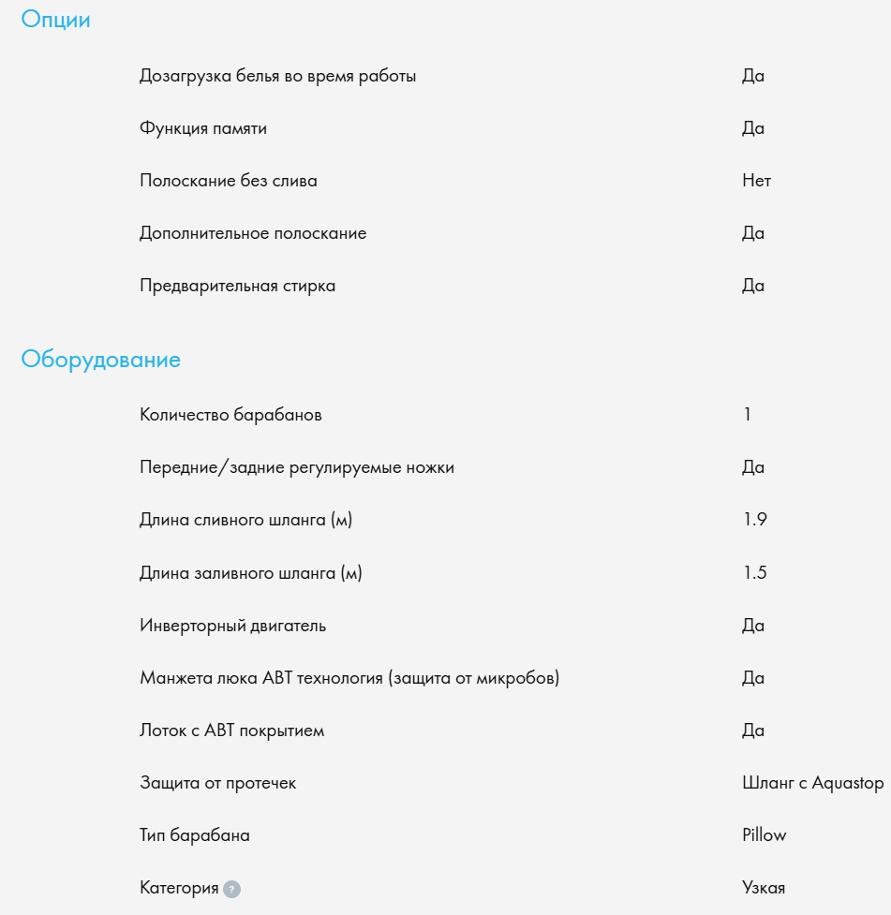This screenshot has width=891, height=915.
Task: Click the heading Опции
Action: tap(55, 20)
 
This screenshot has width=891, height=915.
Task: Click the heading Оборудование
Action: tap(100, 360)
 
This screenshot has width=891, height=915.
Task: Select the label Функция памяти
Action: tap(203, 128)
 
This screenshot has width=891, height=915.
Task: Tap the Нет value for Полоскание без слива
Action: tap(756, 181)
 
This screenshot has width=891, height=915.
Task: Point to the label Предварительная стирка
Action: tap(237, 286)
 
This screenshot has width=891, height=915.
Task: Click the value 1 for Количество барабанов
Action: tap(747, 414)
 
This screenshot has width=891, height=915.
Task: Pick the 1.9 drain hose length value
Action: tap(754, 519)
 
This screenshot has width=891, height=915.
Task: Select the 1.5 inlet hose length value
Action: tap(754, 572)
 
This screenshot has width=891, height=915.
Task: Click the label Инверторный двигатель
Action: tap(232, 625)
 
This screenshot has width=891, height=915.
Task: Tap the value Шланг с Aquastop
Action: tap(812, 783)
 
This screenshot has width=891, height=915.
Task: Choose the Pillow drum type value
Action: tap(764, 834)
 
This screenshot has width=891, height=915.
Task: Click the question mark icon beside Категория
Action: tap(232, 889)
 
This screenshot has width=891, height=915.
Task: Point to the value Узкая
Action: tap(763, 888)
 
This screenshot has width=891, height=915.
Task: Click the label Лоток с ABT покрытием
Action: tap(231, 731)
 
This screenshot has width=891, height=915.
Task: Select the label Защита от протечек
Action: tap(217, 783)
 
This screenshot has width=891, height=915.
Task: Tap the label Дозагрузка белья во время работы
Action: tap(277, 76)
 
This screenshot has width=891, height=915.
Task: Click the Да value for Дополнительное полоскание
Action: tap(753, 233)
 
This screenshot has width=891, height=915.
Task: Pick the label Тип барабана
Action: tap(195, 834)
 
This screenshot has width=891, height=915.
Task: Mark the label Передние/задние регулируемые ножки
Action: tap(296, 466)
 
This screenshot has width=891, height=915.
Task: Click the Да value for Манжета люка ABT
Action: tap(753, 677)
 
